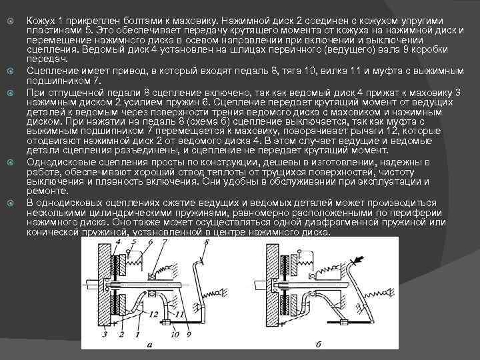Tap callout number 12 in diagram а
click(x=153, y=313)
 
